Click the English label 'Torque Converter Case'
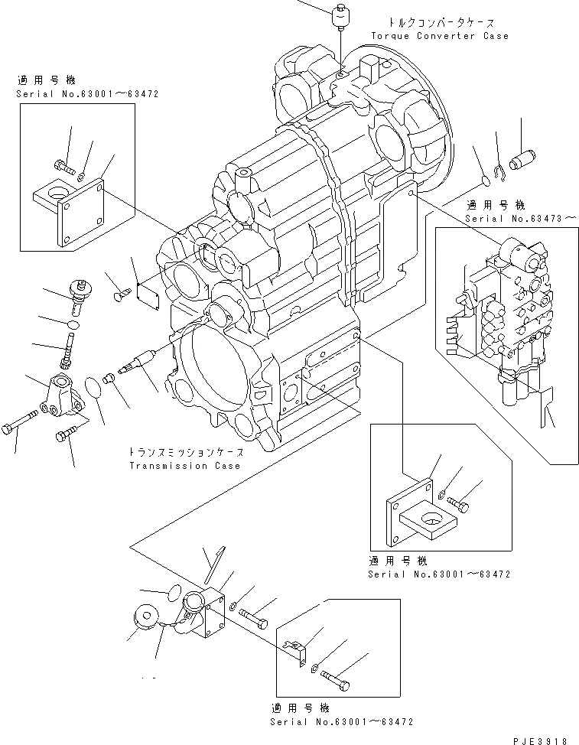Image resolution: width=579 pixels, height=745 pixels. [439, 36]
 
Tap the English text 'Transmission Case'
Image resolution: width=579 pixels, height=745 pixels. [184, 466]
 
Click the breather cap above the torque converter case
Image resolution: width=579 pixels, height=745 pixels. [341, 16]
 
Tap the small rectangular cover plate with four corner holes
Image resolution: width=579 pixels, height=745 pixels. [147, 296]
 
